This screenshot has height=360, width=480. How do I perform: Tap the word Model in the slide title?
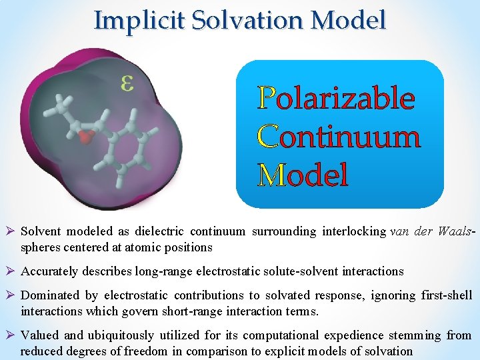(x=350, y=20)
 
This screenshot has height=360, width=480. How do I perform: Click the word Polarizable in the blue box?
(x=337, y=99)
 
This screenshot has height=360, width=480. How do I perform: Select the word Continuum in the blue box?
(x=339, y=137)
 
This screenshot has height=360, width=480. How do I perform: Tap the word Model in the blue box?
(x=303, y=175)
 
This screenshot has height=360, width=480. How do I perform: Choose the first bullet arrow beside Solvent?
(x=11, y=231)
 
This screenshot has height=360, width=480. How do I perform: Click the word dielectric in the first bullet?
(x=159, y=231)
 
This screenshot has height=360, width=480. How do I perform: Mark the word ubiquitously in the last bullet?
(x=121, y=335)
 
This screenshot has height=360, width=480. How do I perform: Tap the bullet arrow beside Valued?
(x=11, y=335)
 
